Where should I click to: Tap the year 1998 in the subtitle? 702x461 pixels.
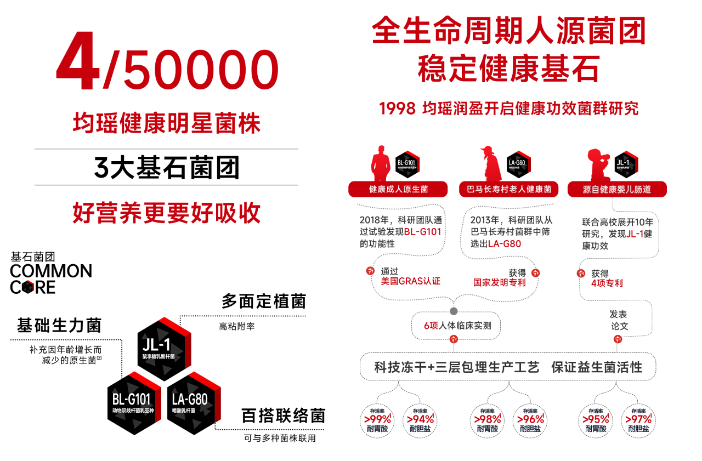pos(397,109)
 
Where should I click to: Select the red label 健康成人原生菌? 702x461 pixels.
pos(398,189)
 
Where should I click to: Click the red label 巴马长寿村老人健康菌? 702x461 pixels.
pos(508,189)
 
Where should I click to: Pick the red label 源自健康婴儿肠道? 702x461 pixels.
pos(617,189)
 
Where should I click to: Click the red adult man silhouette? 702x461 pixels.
pos(380,163)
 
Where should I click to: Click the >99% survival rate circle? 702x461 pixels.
pos(377,420)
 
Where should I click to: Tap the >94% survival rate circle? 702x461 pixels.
pos(420,420)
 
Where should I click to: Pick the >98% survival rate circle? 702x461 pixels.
pos(487,420)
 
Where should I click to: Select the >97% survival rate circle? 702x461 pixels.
pos(638,420)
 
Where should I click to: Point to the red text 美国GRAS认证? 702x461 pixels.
pos(411,281)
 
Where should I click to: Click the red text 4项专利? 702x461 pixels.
pos(607,283)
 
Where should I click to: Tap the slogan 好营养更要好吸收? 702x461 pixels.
pos(166,213)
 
